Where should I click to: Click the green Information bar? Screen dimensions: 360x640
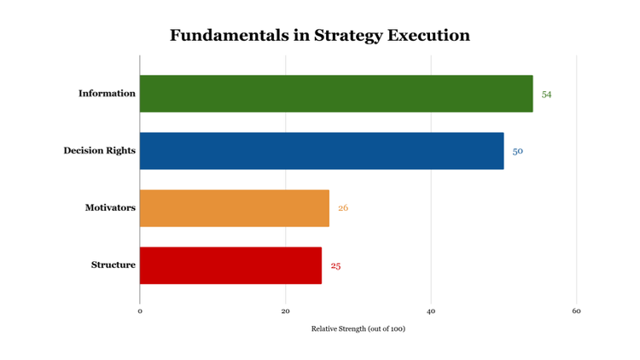[x=336, y=94]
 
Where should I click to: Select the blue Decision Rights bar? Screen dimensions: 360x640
[x=322, y=151]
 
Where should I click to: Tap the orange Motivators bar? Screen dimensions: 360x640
[x=235, y=208]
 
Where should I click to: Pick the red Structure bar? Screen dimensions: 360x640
[x=230, y=265]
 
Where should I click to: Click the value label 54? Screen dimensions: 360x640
[x=546, y=95]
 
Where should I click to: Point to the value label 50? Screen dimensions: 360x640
[x=517, y=152]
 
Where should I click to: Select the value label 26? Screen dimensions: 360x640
[x=343, y=208]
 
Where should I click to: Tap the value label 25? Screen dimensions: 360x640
[x=335, y=266]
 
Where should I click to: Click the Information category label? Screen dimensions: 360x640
[x=107, y=94]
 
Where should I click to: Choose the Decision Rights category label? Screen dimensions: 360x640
[x=99, y=151]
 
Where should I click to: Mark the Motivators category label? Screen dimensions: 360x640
[x=110, y=208]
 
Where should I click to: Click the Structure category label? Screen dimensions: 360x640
[x=113, y=265]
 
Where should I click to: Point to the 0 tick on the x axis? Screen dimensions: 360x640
[x=140, y=311]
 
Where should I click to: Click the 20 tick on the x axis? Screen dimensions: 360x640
[x=286, y=311]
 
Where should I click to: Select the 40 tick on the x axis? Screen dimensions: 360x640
[x=431, y=311]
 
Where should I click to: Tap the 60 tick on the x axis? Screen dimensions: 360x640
[x=577, y=311]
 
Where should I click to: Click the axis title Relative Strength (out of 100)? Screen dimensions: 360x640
[x=358, y=329]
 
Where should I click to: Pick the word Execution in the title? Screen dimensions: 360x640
[x=429, y=36]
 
